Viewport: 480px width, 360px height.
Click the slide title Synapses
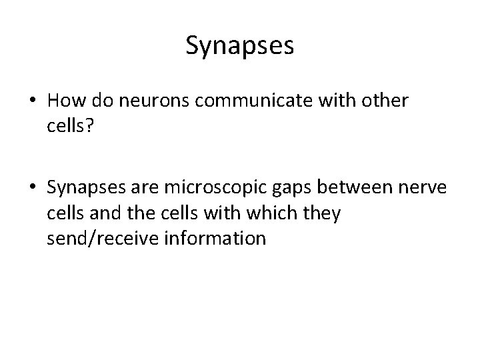[x=240, y=47]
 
